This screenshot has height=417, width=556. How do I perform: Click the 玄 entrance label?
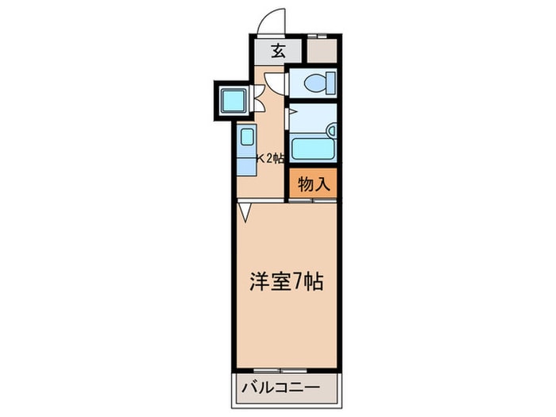point(278,52)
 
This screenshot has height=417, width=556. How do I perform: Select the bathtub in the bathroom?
point(311,149)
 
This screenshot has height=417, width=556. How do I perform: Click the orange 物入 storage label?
point(312,184)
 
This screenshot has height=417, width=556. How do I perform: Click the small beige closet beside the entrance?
point(322,52)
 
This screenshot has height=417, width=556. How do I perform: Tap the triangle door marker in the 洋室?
point(245,211)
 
